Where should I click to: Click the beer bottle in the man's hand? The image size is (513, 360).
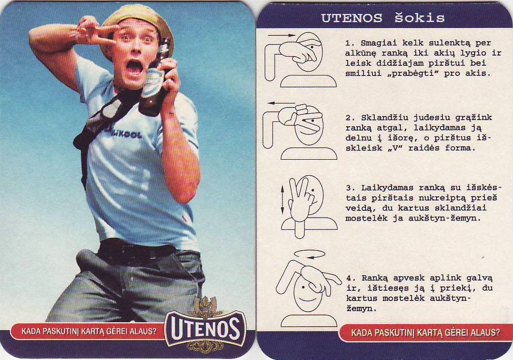tap(154, 78)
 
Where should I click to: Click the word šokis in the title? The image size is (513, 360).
tap(419, 17)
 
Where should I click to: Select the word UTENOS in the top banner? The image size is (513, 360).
tap(352, 18)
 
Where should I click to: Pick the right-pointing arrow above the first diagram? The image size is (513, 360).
tap(281, 35)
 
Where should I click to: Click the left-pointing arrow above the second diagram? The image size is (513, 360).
tap(281, 104)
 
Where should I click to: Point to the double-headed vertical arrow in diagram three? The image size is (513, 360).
tap(283, 200)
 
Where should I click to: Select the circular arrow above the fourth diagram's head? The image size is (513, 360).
tap(309, 254)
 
